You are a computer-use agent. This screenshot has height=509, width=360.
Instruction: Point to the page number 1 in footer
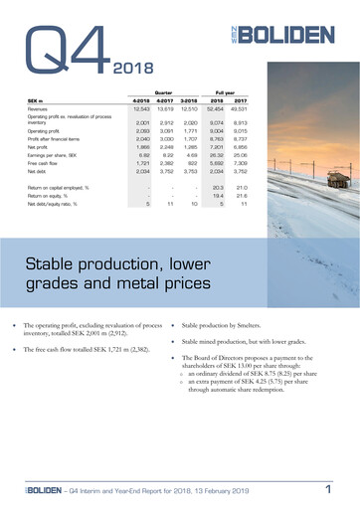click(x=327, y=489)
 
